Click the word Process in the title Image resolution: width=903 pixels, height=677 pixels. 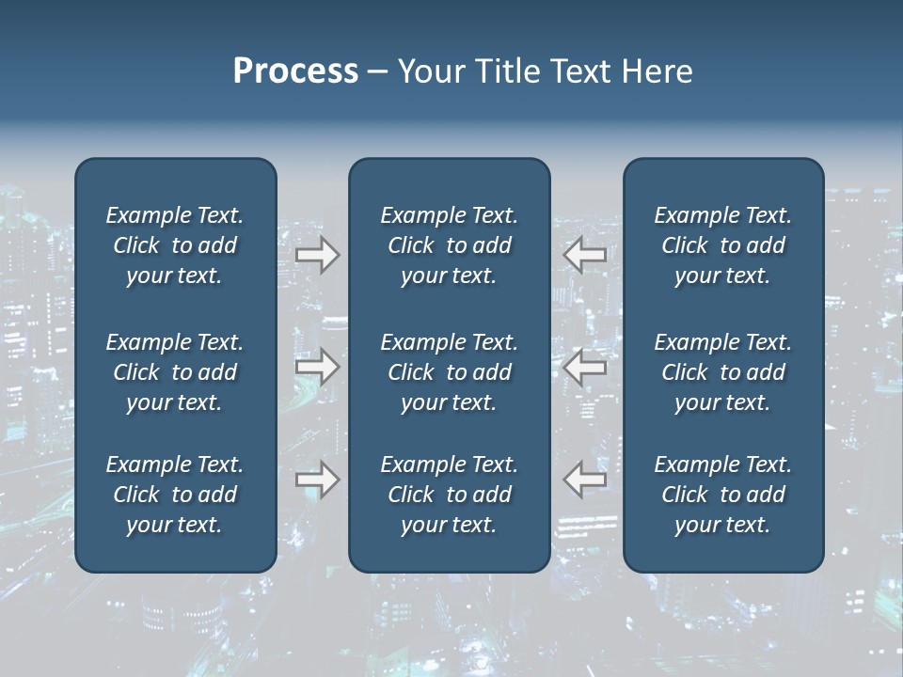295,71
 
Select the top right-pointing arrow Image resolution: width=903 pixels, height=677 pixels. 318,255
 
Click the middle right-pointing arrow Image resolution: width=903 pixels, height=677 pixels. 318,367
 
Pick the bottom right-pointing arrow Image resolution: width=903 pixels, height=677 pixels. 318,480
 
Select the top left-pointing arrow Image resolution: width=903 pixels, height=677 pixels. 585,255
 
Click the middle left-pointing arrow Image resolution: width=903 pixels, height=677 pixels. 585,367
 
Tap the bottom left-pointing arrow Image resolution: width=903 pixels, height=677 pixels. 585,480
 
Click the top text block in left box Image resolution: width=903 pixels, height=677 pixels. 175,245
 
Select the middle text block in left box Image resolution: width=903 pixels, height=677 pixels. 175,372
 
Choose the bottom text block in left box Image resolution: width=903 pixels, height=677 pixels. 175,495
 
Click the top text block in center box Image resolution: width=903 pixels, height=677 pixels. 449,245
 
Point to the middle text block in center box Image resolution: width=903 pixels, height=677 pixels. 449,372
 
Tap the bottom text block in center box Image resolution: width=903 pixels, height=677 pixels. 449,495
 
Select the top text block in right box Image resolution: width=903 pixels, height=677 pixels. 722,245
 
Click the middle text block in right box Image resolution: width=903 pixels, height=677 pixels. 722,372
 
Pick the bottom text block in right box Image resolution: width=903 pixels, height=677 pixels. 722,495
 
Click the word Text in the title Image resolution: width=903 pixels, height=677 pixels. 579,71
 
